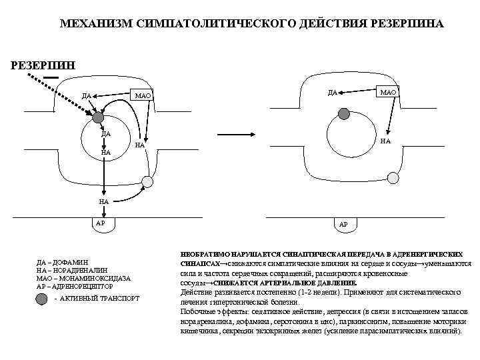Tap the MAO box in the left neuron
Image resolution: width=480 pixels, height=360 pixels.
[x=143, y=97]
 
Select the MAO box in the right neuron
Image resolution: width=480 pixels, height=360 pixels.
[x=388, y=91]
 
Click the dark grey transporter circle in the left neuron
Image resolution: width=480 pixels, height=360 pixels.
[x=98, y=118]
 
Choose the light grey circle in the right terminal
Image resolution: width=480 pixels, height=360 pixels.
[x=393, y=177]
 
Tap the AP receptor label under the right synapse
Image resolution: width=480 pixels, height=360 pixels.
[x=344, y=224]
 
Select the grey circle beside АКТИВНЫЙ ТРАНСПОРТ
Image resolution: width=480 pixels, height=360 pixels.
[x=44, y=299]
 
